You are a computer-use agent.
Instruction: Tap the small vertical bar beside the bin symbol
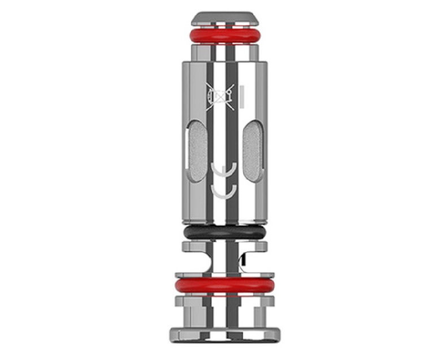[241, 95]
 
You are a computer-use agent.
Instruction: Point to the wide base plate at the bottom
[222, 333]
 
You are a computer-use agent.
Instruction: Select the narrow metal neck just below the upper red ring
[222, 52]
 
